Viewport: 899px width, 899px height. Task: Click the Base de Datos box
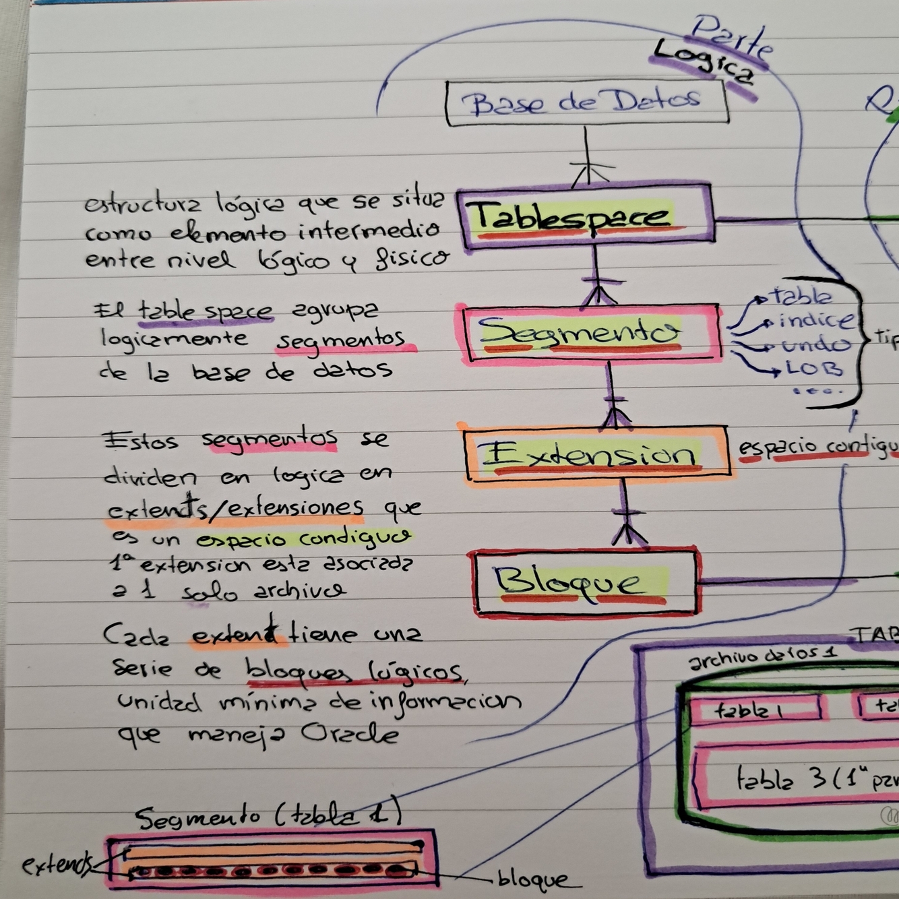pyautogui.click(x=586, y=102)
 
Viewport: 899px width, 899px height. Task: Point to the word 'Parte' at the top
pyautogui.click(x=732, y=37)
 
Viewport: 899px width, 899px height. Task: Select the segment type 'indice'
pyautogui.click(x=816, y=320)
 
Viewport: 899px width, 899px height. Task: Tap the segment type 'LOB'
pyautogui.click(x=814, y=369)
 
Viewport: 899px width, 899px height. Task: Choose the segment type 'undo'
pyautogui.click(x=815, y=345)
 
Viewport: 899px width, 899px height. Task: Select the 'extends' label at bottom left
pyautogui.click(x=57, y=864)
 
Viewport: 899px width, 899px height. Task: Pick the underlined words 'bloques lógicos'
pyautogui.click(x=353, y=670)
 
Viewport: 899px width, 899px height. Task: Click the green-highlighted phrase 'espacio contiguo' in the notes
pyautogui.click(x=304, y=539)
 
